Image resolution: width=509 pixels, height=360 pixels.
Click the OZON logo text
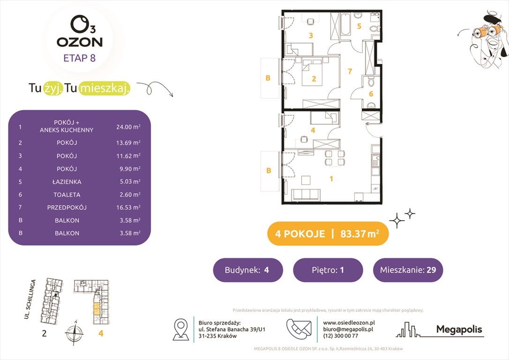click(x=80, y=42)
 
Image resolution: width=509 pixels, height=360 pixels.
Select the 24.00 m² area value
click(x=128, y=127)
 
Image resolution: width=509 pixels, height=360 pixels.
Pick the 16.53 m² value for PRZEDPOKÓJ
click(x=128, y=207)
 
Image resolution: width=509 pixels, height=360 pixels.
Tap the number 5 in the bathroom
click(x=359, y=26)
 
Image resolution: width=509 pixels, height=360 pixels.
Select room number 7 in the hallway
click(x=350, y=72)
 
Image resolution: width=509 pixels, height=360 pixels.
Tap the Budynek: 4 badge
click(x=247, y=270)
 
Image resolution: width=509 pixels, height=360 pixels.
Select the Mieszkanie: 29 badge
click(x=407, y=270)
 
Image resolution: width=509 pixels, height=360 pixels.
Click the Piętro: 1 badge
click(x=328, y=270)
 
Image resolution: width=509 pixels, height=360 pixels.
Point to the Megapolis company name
click(x=459, y=330)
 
